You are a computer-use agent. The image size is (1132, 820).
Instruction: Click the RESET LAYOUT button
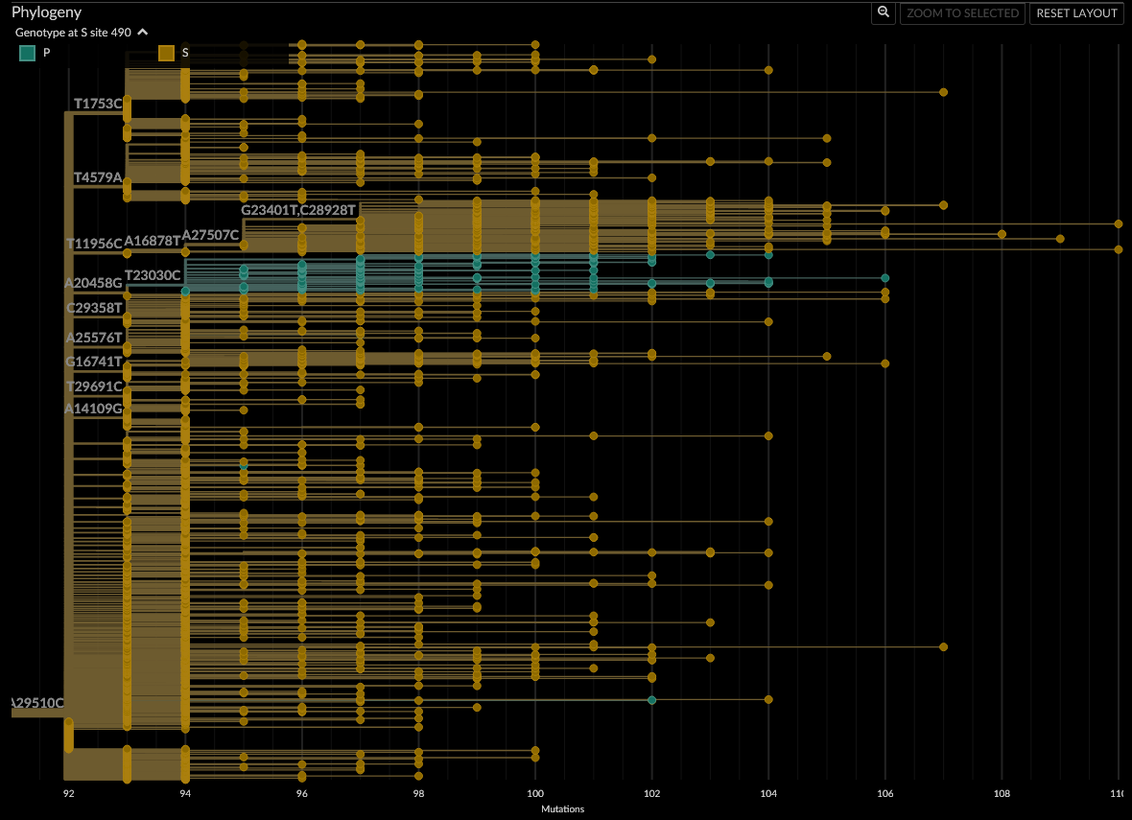(x=1076, y=13)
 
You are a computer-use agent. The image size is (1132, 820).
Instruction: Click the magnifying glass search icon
(x=884, y=12)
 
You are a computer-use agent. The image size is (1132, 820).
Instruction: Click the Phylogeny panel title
(x=46, y=12)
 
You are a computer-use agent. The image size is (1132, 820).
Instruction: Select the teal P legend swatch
(x=28, y=53)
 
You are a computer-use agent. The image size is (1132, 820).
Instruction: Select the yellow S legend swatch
(x=166, y=53)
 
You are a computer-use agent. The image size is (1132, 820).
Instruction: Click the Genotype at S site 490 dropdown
(x=82, y=33)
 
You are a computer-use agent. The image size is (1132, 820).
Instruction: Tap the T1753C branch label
(x=98, y=104)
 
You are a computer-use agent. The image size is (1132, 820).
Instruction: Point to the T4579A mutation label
(x=98, y=177)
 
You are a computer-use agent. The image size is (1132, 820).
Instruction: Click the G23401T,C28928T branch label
(x=298, y=210)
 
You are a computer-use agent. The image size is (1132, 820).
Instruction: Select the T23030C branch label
(x=153, y=275)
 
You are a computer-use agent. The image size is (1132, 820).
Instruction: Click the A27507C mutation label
(x=210, y=235)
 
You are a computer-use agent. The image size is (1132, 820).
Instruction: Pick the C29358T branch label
(x=94, y=308)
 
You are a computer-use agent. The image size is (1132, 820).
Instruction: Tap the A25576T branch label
(x=94, y=338)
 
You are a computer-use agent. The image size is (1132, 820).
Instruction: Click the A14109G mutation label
(x=94, y=409)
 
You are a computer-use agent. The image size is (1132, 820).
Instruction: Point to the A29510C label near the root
(x=37, y=703)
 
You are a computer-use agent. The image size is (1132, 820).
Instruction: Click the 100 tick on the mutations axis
(x=535, y=794)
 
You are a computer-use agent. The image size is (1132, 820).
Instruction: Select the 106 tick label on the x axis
(x=884, y=794)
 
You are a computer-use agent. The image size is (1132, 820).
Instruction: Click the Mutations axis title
(x=562, y=809)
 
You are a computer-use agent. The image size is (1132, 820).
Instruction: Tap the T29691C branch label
(x=94, y=387)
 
